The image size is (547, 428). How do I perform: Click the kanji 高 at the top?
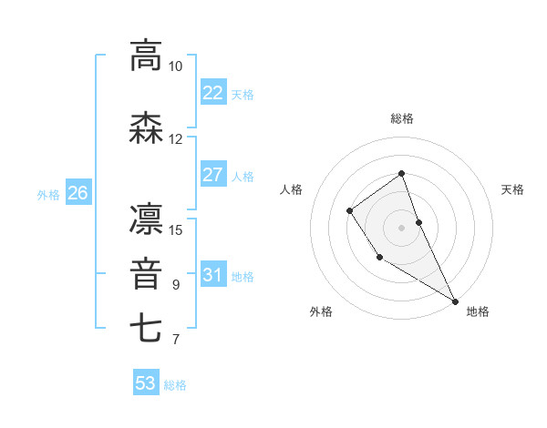(146, 56)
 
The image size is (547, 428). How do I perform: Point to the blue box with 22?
(212, 93)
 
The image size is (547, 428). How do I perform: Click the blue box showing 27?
(212, 175)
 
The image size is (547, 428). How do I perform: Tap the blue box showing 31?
(212, 275)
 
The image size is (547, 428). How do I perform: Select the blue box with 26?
(77, 193)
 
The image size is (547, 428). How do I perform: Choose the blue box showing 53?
(146, 383)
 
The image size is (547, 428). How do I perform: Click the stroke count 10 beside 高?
(175, 66)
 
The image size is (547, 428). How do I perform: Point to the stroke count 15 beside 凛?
(176, 229)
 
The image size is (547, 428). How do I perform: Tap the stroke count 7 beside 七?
(175, 341)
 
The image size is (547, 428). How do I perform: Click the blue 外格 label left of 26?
(48, 194)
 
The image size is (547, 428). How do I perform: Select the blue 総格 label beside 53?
(175, 384)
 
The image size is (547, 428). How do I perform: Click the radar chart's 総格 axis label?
(402, 118)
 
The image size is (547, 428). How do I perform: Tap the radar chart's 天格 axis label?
(512, 189)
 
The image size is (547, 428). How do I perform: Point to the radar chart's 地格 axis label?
(478, 312)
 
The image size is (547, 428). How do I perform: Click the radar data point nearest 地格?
(455, 301)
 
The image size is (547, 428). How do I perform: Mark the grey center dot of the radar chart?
(402, 225)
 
